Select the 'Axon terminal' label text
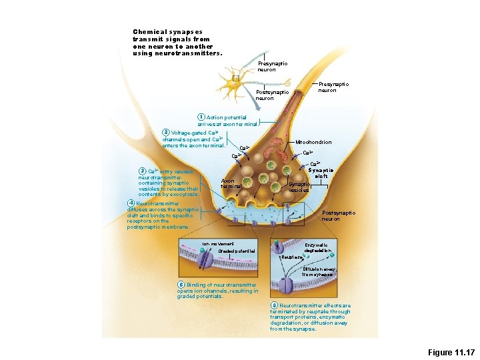coord(229,183)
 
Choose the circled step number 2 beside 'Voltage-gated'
coord(166,132)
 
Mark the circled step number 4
coord(131,203)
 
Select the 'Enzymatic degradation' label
coord(317,248)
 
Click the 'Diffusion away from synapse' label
coord(317,271)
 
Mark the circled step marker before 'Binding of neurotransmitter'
coord(181,285)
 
